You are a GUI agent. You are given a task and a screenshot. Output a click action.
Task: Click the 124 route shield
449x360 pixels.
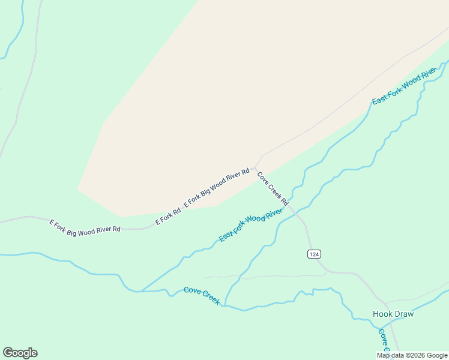point(314,254)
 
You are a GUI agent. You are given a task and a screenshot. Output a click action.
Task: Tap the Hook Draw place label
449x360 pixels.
point(393,314)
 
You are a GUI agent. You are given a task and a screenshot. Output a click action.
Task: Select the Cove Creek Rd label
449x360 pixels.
point(273,188)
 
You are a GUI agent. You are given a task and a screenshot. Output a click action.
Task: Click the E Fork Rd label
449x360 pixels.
point(168,217)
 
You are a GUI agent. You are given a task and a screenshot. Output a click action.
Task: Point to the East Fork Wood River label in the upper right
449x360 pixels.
point(404,87)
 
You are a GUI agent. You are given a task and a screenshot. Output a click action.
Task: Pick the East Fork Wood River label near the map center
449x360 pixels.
point(251,225)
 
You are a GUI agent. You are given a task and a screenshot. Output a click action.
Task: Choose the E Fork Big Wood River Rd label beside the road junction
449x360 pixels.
point(217,188)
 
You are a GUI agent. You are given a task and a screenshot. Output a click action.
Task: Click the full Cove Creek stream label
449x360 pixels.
point(202,295)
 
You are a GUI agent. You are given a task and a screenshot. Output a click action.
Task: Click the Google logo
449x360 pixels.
point(20,353)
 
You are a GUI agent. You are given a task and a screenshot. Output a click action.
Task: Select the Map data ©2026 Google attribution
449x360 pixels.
point(412,355)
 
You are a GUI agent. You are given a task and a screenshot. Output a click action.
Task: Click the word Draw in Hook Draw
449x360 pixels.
point(404,314)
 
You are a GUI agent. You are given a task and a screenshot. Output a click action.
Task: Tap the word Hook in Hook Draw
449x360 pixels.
point(382,314)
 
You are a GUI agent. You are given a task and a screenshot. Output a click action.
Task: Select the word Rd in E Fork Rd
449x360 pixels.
point(176,212)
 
